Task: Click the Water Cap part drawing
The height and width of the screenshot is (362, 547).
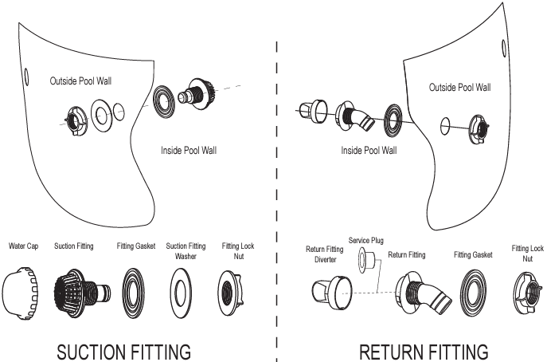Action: click(x=20, y=293)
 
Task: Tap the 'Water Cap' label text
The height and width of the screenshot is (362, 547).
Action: click(x=23, y=246)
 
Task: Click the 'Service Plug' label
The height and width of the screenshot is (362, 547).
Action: click(x=366, y=240)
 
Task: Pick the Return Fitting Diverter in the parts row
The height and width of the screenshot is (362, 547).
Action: click(x=332, y=293)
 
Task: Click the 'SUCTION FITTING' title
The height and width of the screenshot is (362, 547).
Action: click(x=124, y=352)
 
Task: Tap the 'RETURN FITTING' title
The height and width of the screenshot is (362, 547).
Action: click(x=424, y=352)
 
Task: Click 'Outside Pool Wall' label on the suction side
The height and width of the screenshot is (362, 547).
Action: click(x=80, y=81)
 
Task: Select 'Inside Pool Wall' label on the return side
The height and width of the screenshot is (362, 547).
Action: click(x=369, y=150)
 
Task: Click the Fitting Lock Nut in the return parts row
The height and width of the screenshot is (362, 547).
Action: click(x=528, y=293)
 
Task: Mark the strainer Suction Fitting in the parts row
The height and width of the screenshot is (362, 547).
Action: click(x=82, y=289)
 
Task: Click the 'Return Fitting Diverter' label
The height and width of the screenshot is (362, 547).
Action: click(x=325, y=254)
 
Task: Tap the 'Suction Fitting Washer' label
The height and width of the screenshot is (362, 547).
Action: click(x=186, y=251)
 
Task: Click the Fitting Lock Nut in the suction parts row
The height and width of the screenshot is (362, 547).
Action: click(x=230, y=293)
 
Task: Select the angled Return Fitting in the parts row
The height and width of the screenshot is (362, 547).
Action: click(x=423, y=293)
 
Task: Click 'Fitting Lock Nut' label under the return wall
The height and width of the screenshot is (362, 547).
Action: click(x=527, y=254)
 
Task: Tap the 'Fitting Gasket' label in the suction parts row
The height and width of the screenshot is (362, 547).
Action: click(x=136, y=246)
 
